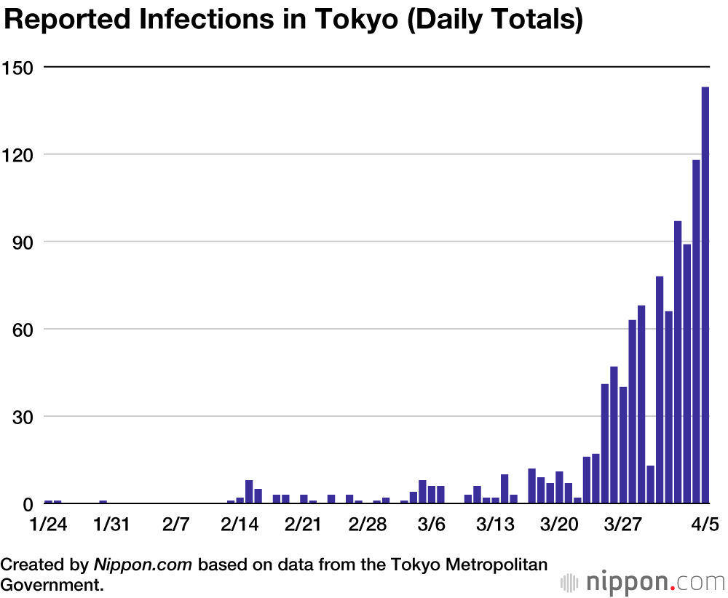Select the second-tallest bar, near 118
tap(696, 331)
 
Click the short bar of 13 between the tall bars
tap(651, 485)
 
